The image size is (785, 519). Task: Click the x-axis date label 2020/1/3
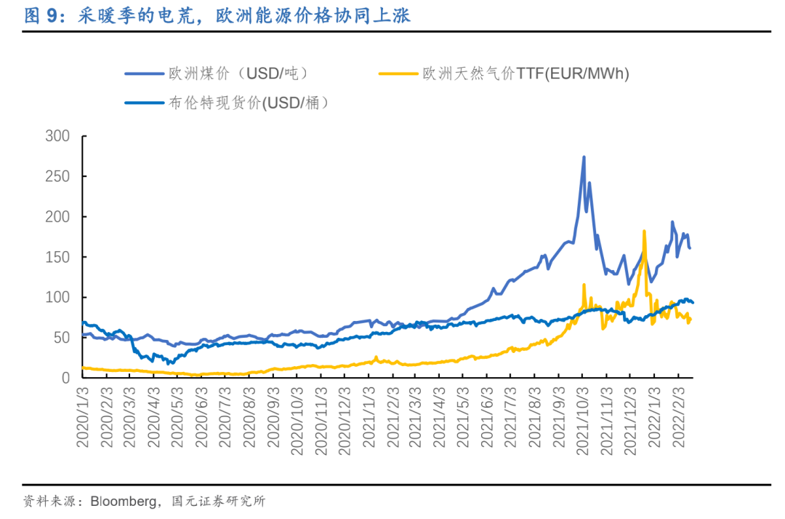point(83,419)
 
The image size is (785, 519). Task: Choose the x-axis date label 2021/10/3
point(582,419)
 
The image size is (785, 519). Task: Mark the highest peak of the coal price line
point(584,157)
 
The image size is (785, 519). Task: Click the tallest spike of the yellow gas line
point(644,231)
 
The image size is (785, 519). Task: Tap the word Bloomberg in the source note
point(122,502)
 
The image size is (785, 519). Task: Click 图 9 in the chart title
point(40,15)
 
